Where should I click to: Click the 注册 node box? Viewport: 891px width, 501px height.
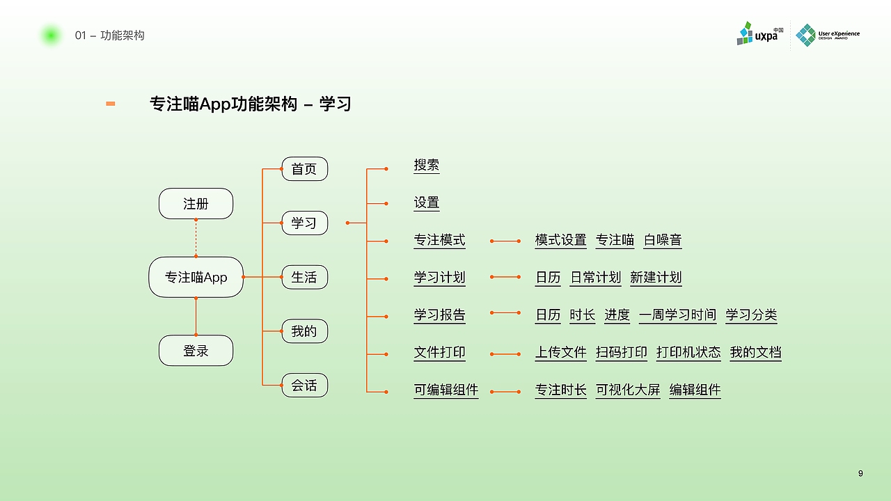coord(196,204)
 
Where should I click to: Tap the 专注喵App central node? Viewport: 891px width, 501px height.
coord(196,277)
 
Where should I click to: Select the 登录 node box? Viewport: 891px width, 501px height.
coord(196,351)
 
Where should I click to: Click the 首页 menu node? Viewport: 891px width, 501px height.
coord(304,169)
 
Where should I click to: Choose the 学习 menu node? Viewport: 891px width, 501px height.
coord(304,223)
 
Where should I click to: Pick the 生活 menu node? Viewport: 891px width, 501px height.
coord(304,277)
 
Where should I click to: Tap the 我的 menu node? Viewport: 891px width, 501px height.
coord(304,331)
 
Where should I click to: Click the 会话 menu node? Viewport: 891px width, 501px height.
coord(304,385)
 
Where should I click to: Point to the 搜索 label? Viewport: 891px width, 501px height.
coord(427,166)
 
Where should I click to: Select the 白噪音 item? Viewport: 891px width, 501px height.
coord(663,240)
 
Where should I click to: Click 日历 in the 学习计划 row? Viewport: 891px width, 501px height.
coord(548,278)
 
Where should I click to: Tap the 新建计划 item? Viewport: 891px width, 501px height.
coord(656,278)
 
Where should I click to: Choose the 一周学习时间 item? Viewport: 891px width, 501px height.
coord(677,315)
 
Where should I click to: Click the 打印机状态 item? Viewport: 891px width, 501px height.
coord(688,353)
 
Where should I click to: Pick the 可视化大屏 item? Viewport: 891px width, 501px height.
coord(628,390)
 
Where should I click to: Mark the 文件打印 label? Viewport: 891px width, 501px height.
coord(439,353)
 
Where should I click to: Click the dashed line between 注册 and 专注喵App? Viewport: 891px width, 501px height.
coord(196,238)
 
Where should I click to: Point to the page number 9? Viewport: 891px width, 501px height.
coord(860,474)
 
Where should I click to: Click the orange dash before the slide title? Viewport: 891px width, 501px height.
coord(110,104)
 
